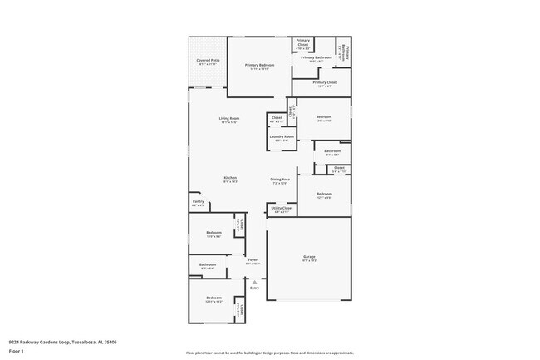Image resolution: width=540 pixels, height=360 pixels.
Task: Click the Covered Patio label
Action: coord(208,61)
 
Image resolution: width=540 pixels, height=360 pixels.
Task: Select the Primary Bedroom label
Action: coord(259,65)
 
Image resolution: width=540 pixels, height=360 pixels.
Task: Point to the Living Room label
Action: coord(229,120)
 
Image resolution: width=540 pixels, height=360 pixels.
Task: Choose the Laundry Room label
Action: coord(282,136)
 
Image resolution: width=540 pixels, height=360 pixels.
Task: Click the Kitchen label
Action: coord(230,178)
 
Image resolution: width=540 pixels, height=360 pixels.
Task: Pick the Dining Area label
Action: coord(280,180)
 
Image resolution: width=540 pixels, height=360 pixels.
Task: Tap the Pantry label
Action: coord(198,201)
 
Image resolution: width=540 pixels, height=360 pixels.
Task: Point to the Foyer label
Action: coord(253,260)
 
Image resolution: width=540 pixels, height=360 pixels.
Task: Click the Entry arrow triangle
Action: coord(254,282)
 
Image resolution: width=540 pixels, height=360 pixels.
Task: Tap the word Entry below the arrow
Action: coord(254,288)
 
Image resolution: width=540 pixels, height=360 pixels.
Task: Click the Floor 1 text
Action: coord(16,351)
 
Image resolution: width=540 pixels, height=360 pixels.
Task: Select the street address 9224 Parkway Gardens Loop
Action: coord(62,341)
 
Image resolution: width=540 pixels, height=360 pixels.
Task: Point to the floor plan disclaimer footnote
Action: coord(269,353)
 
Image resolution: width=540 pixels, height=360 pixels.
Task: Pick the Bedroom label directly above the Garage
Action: coord(324,195)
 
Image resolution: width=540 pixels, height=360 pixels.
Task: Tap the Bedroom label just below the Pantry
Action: coord(214,234)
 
